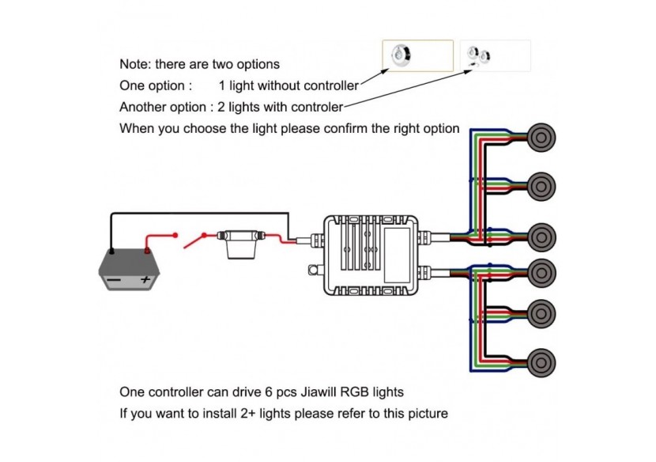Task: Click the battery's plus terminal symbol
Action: click(145, 279)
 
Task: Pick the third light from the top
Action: click(540, 235)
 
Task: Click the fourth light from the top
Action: click(540, 270)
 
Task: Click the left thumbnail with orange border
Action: click(417, 56)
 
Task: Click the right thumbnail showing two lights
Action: click(496, 56)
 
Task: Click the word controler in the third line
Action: click(316, 107)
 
